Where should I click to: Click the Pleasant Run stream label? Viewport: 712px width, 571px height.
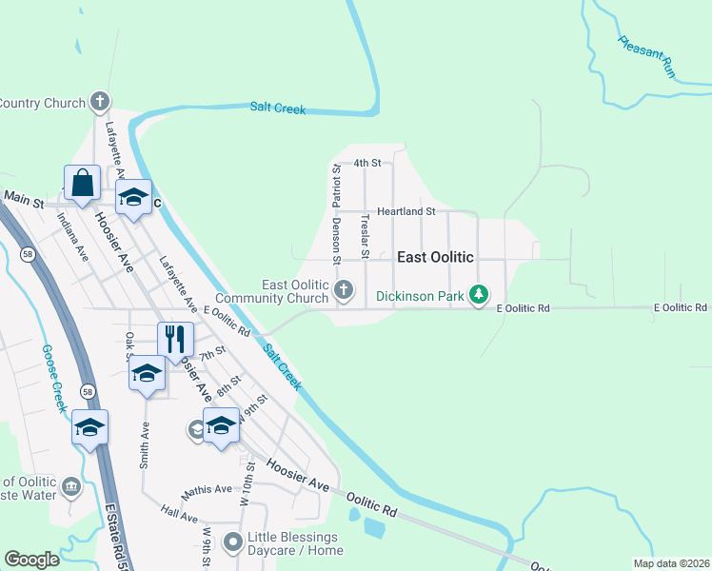(646, 57)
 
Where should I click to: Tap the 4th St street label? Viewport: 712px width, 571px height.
(367, 163)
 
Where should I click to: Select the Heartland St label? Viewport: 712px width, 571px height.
(405, 211)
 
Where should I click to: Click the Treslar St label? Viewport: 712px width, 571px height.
(365, 234)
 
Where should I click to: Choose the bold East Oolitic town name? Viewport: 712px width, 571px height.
(435, 258)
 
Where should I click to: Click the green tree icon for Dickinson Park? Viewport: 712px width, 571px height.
(482, 296)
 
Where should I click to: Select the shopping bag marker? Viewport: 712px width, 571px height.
(82, 182)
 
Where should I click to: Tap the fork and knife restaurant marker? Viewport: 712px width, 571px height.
(175, 338)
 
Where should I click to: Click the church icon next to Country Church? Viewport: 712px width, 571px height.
(100, 102)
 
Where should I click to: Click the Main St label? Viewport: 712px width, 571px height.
(24, 199)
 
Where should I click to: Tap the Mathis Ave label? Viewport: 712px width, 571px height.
(208, 489)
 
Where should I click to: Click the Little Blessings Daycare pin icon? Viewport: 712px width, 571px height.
(232, 543)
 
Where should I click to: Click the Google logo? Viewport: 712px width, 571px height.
(31, 560)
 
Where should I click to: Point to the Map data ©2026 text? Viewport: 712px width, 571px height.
(670, 563)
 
